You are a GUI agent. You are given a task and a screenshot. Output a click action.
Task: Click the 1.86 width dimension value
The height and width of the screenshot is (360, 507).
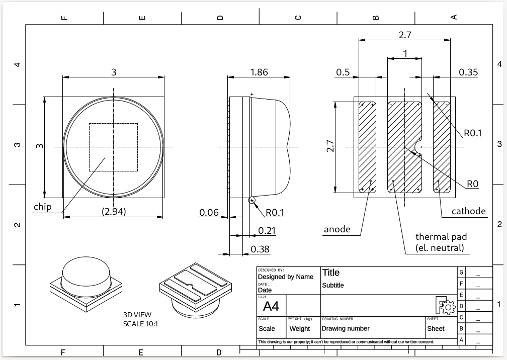[259, 72]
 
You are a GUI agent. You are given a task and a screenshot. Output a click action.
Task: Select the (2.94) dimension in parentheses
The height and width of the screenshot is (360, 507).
[114, 212]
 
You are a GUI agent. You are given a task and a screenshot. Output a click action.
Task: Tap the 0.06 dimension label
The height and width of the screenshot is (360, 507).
[209, 213]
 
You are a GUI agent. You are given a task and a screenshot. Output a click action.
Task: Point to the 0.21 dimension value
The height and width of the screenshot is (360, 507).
[267, 230]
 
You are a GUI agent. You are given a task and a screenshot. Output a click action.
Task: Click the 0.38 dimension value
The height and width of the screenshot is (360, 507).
[260, 249]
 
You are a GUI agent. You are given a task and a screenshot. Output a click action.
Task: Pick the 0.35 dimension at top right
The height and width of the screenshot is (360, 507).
[468, 72]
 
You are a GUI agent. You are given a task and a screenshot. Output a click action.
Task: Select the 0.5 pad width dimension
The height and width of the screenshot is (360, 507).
[343, 72]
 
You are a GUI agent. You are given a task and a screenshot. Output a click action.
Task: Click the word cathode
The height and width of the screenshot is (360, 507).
[469, 211]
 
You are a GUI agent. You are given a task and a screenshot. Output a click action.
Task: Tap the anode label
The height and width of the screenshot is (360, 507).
[336, 229]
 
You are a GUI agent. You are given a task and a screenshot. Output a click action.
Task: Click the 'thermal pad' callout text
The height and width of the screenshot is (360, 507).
[441, 236]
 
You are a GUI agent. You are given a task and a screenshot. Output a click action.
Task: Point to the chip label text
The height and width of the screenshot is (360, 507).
[43, 207]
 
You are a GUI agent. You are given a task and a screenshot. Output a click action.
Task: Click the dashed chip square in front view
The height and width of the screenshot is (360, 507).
[113, 124]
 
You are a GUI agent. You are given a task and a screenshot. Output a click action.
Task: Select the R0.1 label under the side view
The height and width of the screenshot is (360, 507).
[275, 213]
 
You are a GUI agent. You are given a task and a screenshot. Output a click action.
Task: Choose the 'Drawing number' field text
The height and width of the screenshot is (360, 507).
[346, 328]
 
